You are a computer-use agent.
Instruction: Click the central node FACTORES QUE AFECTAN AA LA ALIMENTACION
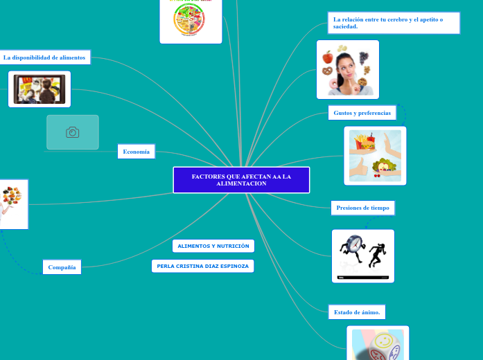[x=241, y=180]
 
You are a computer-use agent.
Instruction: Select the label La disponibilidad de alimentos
[x=45, y=57]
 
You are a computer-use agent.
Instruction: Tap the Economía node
[x=136, y=151]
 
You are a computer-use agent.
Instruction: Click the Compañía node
[x=62, y=267]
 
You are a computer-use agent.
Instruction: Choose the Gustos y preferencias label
[x=362, y=112]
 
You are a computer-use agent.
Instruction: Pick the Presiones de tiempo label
[x=362, y=207]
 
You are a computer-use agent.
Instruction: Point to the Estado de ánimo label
[x=357, y=312]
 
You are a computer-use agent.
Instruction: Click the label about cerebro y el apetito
[x=393, y=22]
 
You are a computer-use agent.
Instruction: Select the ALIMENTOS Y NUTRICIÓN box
[x=213, y=246]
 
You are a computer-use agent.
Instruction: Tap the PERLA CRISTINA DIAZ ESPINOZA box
[x=202, y=266]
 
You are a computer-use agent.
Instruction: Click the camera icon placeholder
[x=73, y=132]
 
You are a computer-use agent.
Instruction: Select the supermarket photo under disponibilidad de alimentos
[x=39, y=89]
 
